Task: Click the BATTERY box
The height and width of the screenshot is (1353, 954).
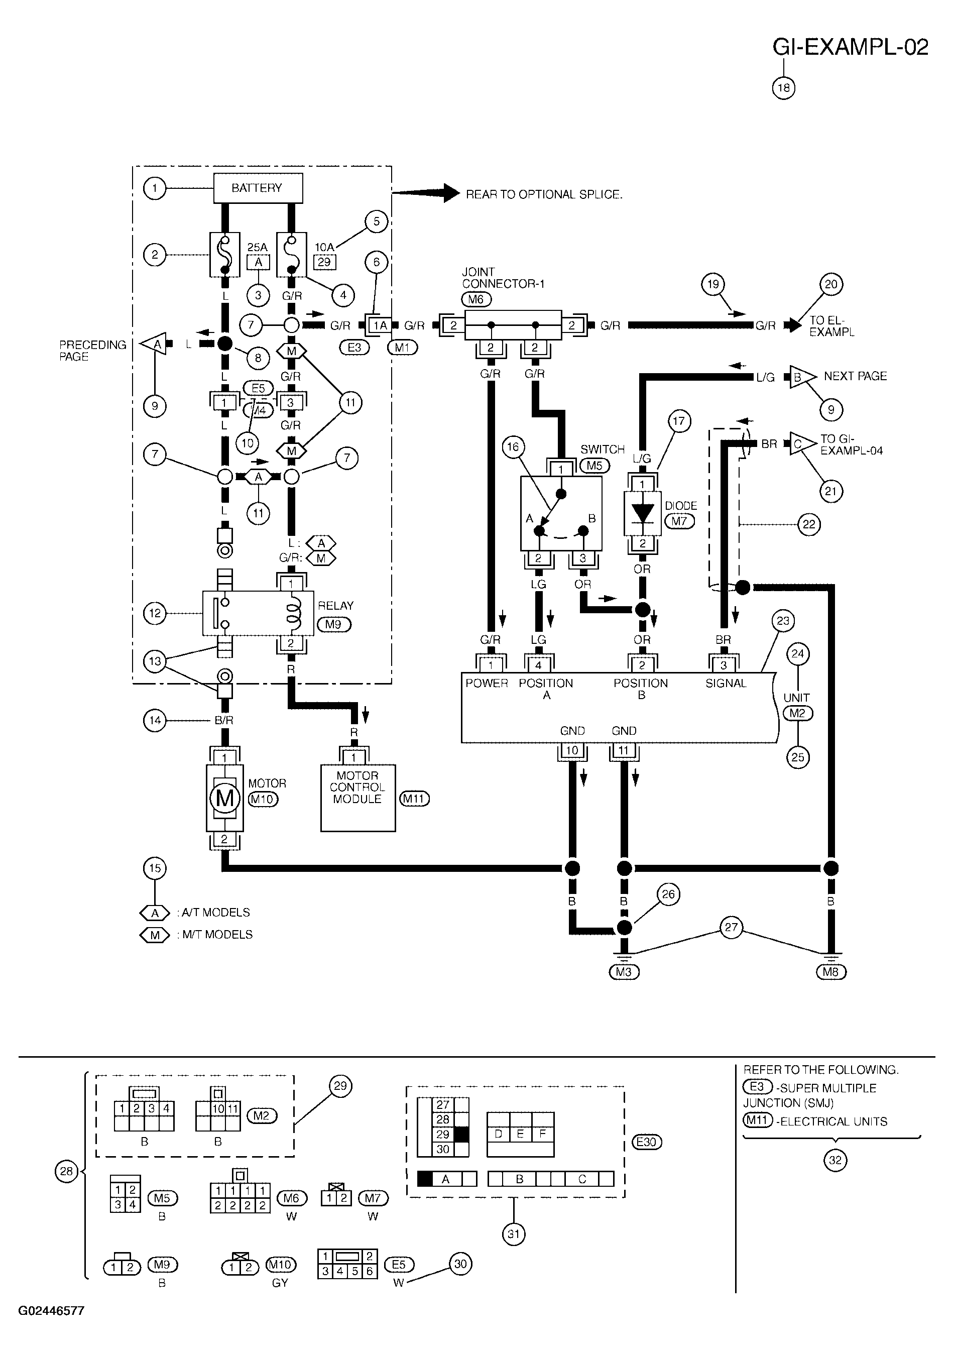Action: click(x=258, y=188)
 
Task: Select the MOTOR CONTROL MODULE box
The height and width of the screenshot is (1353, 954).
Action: click(x=357, y=798)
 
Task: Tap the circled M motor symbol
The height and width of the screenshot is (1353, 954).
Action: click(x=224, y=799)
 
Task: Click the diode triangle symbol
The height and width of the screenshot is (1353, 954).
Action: click(x=642, y=512)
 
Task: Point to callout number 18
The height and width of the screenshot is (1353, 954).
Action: click(x=784, y=88)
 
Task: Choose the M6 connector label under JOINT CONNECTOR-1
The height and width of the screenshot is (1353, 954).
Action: click(x=475, y=299)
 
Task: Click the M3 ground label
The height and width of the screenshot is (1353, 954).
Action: click(x=624, y=972)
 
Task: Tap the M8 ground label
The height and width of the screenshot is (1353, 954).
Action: click(x=831, y=972)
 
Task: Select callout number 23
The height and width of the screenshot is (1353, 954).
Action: click(x=782, y=621)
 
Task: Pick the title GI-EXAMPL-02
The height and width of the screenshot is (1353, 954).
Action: click(x=850, y=47)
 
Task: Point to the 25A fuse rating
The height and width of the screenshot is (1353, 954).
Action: click(x=257, y=248)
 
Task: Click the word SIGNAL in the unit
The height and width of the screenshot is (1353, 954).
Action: click(x=726, y=683)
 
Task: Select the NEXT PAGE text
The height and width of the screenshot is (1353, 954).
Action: click(x=855, y=376)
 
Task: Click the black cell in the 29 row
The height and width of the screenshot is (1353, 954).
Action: click(x=461, y=1134)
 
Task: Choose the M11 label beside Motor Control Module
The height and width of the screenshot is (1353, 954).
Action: click(x=414, y=799)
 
